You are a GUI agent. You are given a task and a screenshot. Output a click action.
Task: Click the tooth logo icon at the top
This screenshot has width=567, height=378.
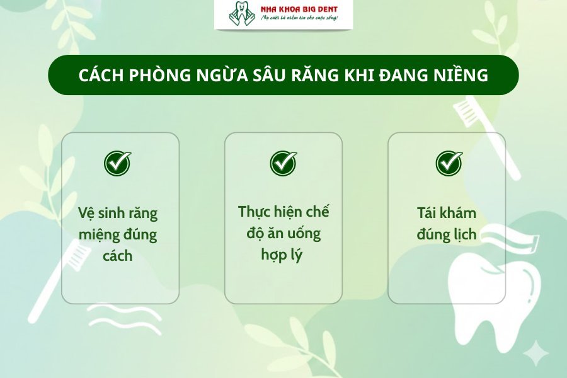(238, 14)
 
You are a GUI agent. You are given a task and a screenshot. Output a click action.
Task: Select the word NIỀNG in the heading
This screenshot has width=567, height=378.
(461, 75)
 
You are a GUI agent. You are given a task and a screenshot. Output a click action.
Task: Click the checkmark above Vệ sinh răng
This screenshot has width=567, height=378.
(118, 163)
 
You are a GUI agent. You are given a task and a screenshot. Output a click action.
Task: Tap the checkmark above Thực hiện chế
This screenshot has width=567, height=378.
(283, 163)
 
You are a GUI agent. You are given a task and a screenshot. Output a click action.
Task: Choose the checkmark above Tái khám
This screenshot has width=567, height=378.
(449, 163)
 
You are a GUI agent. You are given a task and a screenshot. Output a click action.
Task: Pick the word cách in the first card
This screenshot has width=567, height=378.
(118, 256)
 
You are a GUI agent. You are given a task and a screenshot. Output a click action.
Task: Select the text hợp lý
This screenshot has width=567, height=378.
(283, 255)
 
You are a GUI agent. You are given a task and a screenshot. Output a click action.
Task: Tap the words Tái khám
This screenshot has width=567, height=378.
(446, 212)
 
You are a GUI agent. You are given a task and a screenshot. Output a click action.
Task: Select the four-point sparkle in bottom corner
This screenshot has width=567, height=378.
(536, 353)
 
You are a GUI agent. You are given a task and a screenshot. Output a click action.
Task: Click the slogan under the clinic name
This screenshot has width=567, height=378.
(300, 20)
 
